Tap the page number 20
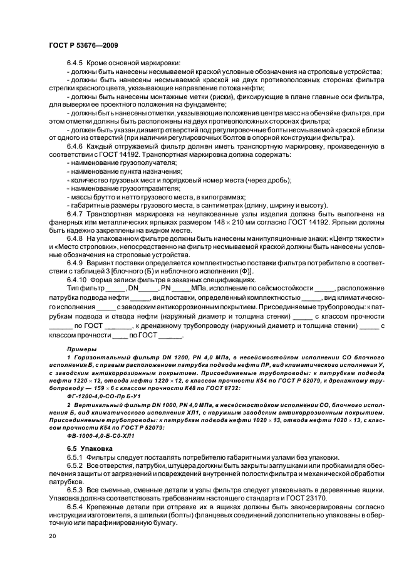51,537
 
